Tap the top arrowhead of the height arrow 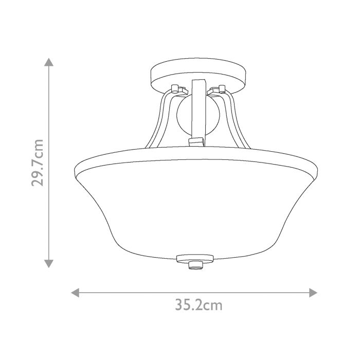(x=48, y=62)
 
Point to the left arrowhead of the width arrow (x=75, y=293)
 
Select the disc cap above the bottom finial (x=194, y=258)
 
